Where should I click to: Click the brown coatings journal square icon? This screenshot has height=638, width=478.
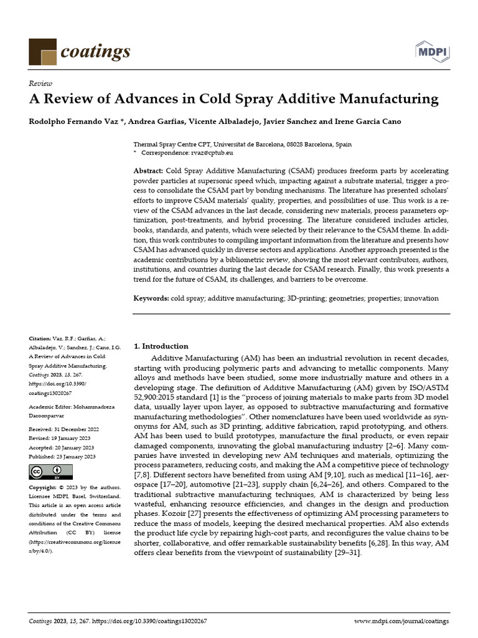(x=43, y=51)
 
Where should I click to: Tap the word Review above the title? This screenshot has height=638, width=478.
(x=40, y=83)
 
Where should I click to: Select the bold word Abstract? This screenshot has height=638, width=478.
(x=148, y=171)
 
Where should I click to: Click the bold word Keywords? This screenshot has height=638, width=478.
(x=151, y=298)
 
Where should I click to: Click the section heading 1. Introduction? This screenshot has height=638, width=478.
(x=161, y=346)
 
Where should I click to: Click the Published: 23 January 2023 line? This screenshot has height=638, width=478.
(x=62, y=457)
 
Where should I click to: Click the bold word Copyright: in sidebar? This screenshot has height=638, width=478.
(x=43, y=487)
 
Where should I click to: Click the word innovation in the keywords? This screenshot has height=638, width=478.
(x=421, y=298)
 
